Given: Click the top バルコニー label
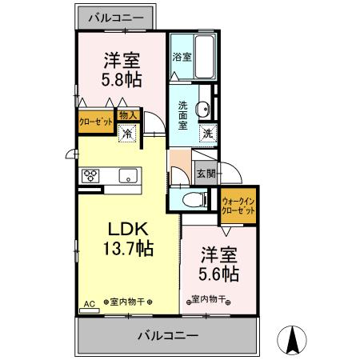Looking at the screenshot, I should (116, 17).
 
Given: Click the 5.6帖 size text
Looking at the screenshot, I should (218, 273).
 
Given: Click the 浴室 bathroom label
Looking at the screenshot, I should (182, 57).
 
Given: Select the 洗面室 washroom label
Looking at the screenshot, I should (183, 114).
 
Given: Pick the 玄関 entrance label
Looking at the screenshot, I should (206, 173).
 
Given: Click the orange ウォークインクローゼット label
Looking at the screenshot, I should (238, 206).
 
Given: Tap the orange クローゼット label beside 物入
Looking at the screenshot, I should (95, 122).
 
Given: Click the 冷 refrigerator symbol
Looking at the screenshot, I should (128, 134).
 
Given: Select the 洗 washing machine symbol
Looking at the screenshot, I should (207, 134).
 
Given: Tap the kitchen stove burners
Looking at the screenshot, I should (90, 175).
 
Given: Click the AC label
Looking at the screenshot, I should (88, 303).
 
